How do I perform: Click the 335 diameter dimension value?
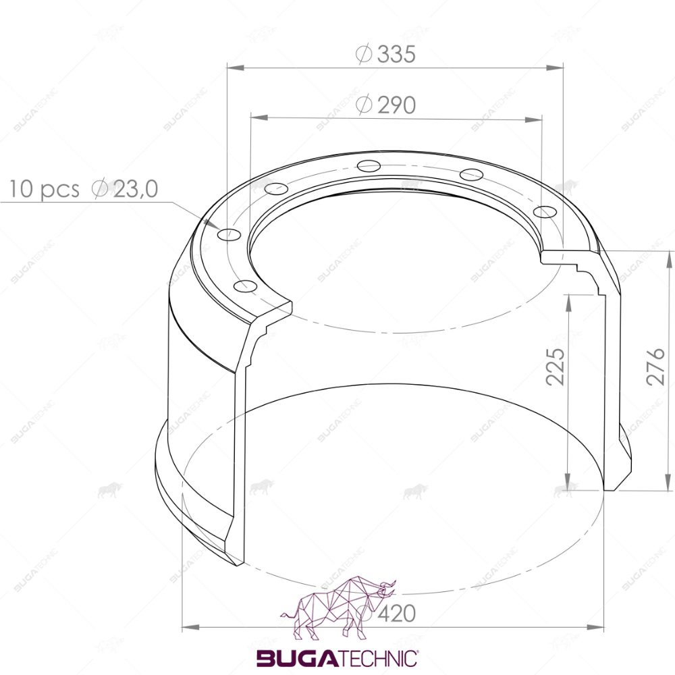point(396,54)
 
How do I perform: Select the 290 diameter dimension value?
point(396,105)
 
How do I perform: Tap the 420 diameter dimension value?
point(396,614)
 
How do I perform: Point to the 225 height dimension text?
point(556,367)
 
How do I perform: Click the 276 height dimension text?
point(655,367)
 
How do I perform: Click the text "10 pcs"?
point(45,190)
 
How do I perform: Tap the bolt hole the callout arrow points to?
point(230,235)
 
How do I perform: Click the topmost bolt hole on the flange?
point(369,165)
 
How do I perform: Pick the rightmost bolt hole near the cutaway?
point(545,212)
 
